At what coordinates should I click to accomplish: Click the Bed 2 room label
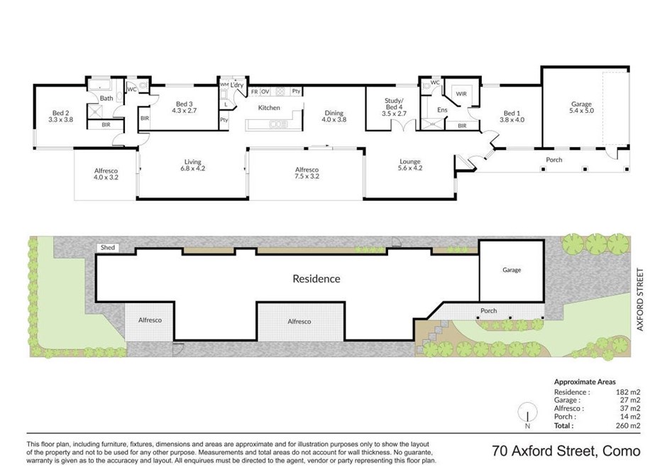click(60, 116)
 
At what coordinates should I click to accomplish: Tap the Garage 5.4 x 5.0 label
click(582, 107)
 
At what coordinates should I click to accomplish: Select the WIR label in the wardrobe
click(461, 94)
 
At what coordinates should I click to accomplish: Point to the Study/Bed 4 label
click(394, 107)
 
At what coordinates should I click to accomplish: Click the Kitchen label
click(269, 108)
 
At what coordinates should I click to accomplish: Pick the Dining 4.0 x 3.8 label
click(334, 116)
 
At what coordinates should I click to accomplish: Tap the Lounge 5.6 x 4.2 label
click(410, 165)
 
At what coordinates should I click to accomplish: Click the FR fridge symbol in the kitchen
click(254, 92)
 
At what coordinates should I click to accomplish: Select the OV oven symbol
click(265, 92)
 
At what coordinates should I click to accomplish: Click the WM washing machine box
click(224, 85)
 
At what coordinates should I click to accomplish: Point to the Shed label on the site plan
click(108, 247)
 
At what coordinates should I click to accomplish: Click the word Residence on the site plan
click(316, 279)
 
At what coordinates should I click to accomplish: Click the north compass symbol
click(527, 413)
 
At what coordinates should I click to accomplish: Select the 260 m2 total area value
click(627, 425)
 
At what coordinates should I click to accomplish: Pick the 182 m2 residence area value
click(628, 392)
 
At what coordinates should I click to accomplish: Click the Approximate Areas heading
click(585, 382)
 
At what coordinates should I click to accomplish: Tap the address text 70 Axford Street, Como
click(566, 450)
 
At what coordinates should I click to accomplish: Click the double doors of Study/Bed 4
click(403, 126)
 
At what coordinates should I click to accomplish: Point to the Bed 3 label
click(184, 107)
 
